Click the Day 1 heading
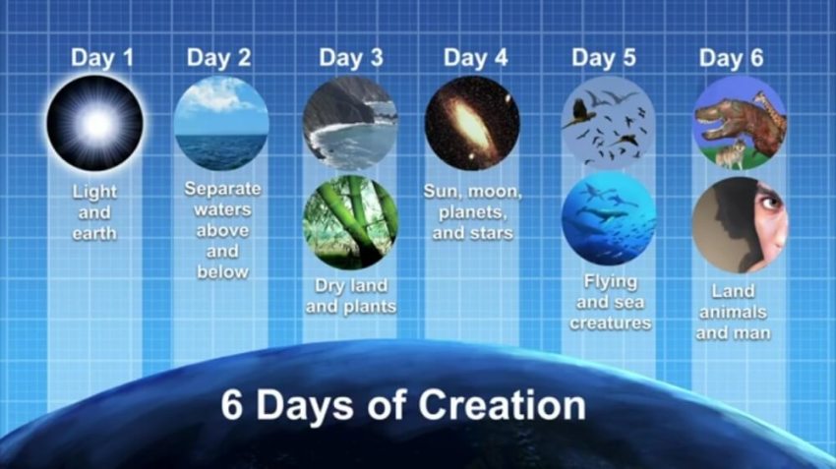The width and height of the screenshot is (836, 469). pos(102,57)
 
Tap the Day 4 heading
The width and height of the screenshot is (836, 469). pos(475,57)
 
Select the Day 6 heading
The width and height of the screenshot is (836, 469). pos(731,57)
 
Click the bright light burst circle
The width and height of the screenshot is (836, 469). pos(95,124)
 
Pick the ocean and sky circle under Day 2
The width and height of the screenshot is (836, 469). pos(221,124)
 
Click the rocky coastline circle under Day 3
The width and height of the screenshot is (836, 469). pos(350,122)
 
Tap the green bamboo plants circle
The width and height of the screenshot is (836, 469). pos(350,221)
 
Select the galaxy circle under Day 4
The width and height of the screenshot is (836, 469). pos(472,123)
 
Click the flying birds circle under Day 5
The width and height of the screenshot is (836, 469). pos(608,124)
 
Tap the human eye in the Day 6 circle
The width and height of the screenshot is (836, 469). pos(770,202)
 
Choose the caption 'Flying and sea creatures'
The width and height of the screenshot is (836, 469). pos(610,303)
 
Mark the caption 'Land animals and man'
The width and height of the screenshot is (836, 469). pos(733,312)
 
